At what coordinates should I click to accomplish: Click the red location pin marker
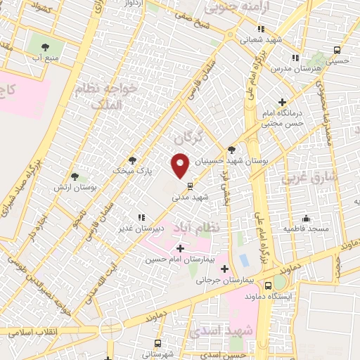[181, 165]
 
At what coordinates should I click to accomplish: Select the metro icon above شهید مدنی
[190, 186]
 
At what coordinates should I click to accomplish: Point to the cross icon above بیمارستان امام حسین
[181, 248]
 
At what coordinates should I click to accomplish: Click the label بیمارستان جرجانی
[224, 280]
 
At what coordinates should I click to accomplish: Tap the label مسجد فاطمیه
[305, 229]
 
